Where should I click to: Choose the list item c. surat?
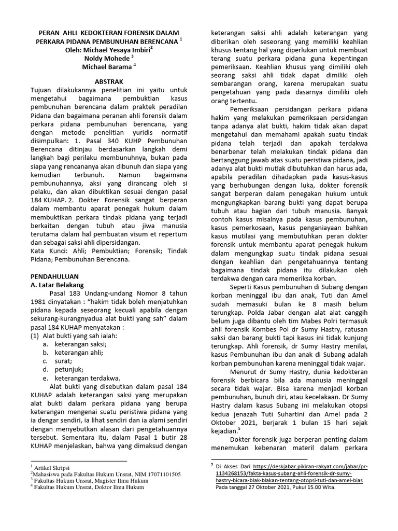click(63, 360)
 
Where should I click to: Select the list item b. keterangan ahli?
click(78, 352)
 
